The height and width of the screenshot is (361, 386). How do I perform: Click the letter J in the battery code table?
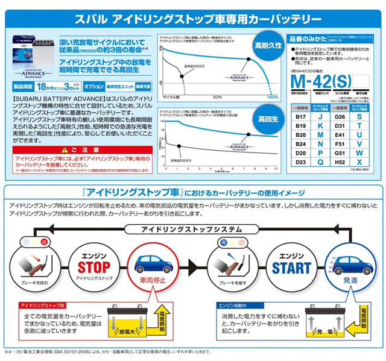(x=319, y=116)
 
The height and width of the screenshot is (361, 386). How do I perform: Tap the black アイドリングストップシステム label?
(x=191, y=228)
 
